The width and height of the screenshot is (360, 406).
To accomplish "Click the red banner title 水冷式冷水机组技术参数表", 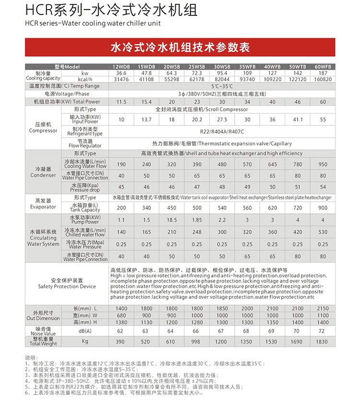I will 180,48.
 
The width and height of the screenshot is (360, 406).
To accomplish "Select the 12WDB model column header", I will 121,66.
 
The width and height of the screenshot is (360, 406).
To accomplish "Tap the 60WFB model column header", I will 323,66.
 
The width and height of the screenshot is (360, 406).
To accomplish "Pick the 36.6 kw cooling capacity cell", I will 121,73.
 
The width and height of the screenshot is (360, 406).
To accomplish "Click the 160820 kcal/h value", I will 323,79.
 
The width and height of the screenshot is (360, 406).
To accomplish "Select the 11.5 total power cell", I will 121,102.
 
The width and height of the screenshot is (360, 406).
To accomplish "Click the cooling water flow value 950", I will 323,164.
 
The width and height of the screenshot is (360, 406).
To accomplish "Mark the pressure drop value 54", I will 323,187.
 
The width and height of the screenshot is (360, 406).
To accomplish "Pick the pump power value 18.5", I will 171,220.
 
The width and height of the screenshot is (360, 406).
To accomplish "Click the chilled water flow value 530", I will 323,232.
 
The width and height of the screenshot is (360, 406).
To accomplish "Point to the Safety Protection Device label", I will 67,283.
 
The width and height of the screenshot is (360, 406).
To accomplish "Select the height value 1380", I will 121,322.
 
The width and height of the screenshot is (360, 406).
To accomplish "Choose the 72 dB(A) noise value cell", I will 323,331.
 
